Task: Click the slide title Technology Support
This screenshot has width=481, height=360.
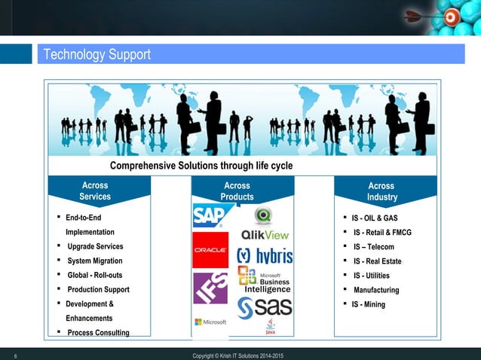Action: tap(97, 55)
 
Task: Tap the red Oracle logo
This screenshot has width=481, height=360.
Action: tap(210, 250)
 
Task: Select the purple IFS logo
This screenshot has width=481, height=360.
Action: tap(210, 288)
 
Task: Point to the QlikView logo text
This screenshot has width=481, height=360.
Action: tap(264, 234)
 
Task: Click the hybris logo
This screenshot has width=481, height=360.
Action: tap(265, 256)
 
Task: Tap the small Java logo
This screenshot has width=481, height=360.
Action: tap(270, 325)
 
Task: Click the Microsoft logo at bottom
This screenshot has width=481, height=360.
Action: tap(210, 322)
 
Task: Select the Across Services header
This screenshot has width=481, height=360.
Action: tap(95, 191)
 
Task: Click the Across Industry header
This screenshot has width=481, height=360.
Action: tap(381, 191)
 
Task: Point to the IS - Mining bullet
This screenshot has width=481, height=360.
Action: tap(368, 304)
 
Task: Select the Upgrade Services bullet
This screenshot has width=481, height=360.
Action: tap(95, 247)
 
